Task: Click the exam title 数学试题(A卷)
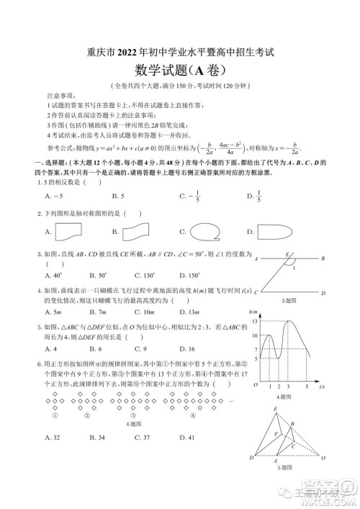180,70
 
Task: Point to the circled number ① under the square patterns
54,415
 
